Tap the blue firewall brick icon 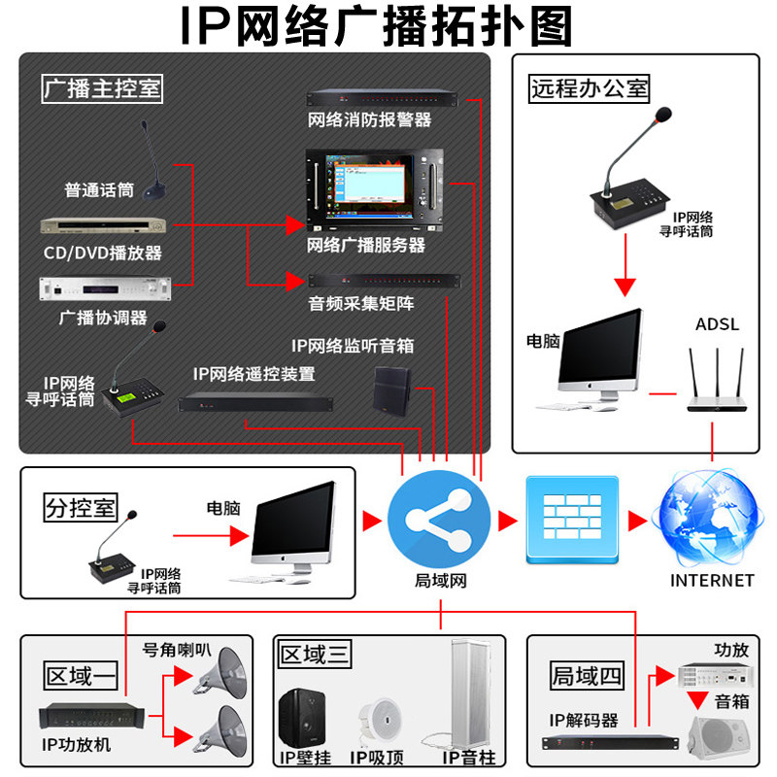pyautogui.click(x=572, y=521)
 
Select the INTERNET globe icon pyautogui.click(x=710, y=521)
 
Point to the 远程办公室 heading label pyautogui.click(x=590, y=89)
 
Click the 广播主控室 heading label pyautogui.click(x=102, y=89)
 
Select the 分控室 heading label pyautogui.click(x=81, y=507)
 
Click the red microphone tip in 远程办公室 pyautogui.click(x=664, y=116)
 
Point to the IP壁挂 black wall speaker pyautogui.click(x=303, y=717)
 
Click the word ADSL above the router pyautogui.click(x=717, y=323)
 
